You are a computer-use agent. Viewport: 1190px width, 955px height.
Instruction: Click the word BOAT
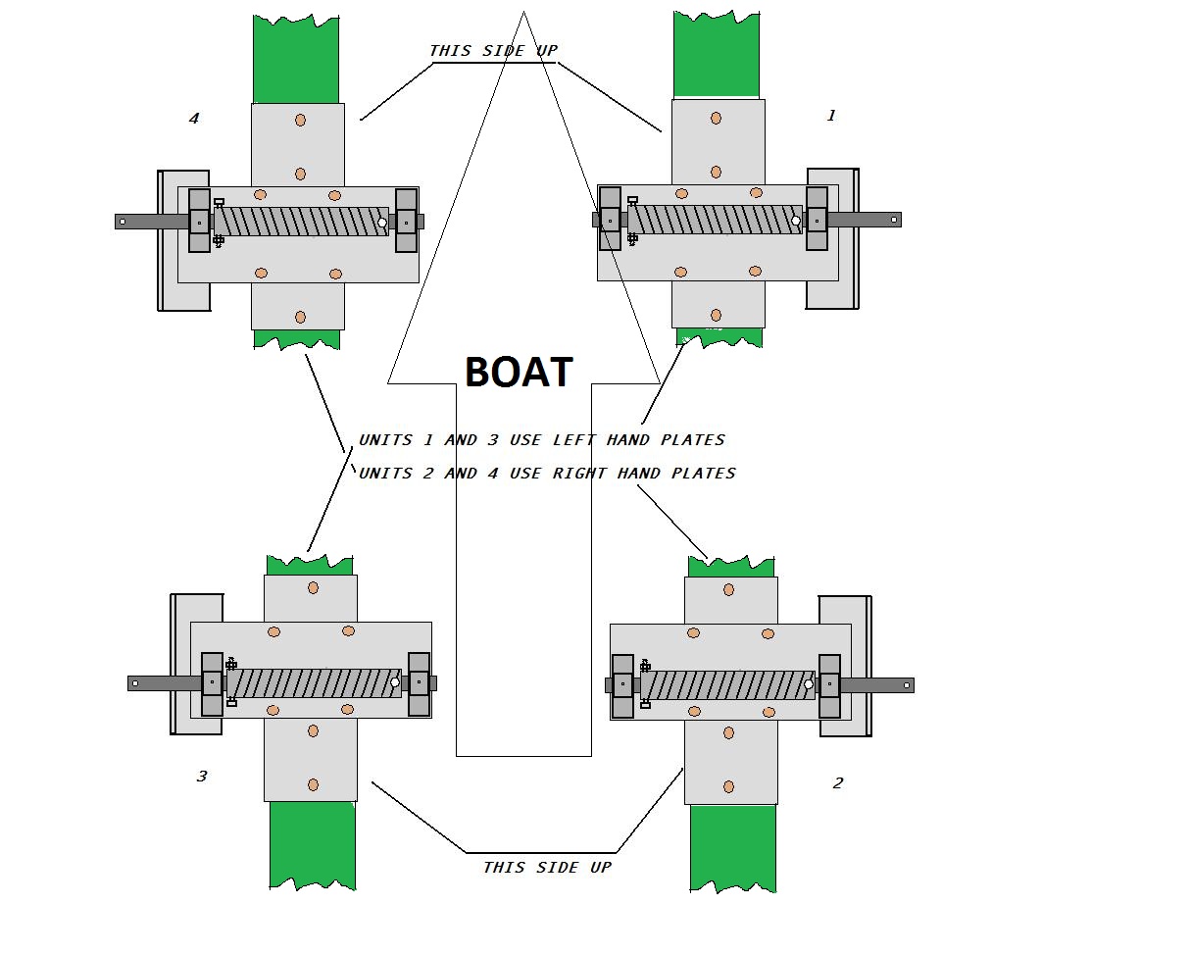(x=519, y=373)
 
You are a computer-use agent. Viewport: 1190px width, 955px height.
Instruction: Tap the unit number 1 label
(x=831, y=116)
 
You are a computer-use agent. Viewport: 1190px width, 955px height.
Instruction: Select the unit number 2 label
(x=837, y=783)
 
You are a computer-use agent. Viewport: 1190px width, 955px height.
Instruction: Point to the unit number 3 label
(x=202, y=777)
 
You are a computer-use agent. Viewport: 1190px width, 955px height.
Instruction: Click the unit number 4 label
(x=194, y=119)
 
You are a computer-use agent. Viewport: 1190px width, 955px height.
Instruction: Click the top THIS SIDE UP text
(x=493, y=50)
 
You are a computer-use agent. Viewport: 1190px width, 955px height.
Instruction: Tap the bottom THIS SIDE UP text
(x=547, y=867)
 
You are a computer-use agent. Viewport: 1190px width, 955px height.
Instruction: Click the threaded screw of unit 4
(x=301, y=222)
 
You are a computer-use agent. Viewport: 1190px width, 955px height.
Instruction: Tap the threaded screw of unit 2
(x=727, y=685)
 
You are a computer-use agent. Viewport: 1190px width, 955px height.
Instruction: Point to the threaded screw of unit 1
(x=715, y=220)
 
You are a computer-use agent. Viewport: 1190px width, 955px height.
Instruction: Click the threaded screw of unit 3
(x=314, y=683)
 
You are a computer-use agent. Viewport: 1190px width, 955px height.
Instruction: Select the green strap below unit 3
(x=313, y=844)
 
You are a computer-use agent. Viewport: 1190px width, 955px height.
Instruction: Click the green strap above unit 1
(x=717, y=55)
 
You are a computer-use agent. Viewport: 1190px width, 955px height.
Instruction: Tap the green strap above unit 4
(x=296, y=59)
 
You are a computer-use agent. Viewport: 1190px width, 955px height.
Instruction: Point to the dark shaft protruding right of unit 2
(x=877, y=685)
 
